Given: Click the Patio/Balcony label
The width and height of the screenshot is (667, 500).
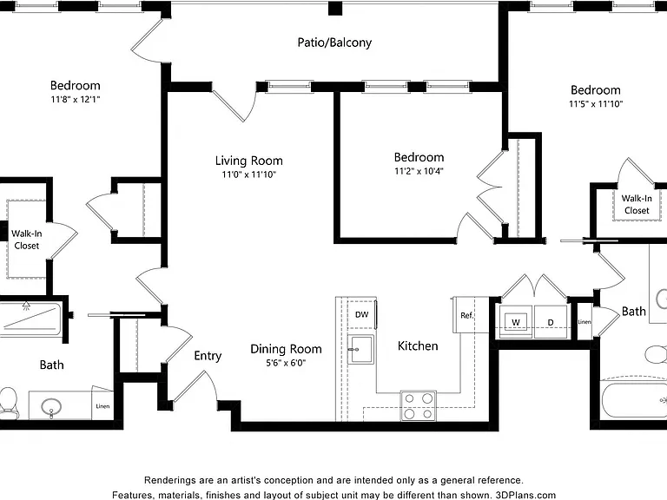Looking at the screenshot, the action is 334,43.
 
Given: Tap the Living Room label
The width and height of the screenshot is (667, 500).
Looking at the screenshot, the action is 249,161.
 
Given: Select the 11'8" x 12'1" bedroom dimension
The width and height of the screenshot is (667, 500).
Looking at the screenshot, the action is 76,100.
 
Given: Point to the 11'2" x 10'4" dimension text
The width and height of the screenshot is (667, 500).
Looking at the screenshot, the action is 419,171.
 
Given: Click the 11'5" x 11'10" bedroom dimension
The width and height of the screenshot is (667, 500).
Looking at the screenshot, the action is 596,104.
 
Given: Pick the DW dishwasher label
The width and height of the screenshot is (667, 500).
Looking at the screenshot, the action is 361,314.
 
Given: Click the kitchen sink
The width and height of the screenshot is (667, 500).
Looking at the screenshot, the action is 360,350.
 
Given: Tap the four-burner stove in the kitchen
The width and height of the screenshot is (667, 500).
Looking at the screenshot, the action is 418,406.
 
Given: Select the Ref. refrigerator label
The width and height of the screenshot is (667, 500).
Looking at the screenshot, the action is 466,315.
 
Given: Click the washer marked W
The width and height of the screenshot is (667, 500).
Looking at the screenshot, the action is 516,322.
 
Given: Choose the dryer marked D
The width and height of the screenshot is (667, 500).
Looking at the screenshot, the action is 551,322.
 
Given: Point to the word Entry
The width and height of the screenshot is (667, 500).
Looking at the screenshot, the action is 208,356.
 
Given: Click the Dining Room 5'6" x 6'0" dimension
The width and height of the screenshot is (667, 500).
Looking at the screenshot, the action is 286,363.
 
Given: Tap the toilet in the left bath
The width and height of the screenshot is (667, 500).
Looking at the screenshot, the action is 8,401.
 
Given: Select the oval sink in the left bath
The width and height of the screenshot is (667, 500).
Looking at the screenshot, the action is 51,407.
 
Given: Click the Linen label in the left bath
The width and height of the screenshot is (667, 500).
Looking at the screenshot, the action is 102,406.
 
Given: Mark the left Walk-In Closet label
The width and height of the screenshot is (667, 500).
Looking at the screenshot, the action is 26,240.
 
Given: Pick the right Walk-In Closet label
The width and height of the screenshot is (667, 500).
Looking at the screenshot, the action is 637,204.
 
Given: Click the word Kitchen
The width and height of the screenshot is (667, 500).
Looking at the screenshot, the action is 418,346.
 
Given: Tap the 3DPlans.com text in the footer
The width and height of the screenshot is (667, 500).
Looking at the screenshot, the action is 525,496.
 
